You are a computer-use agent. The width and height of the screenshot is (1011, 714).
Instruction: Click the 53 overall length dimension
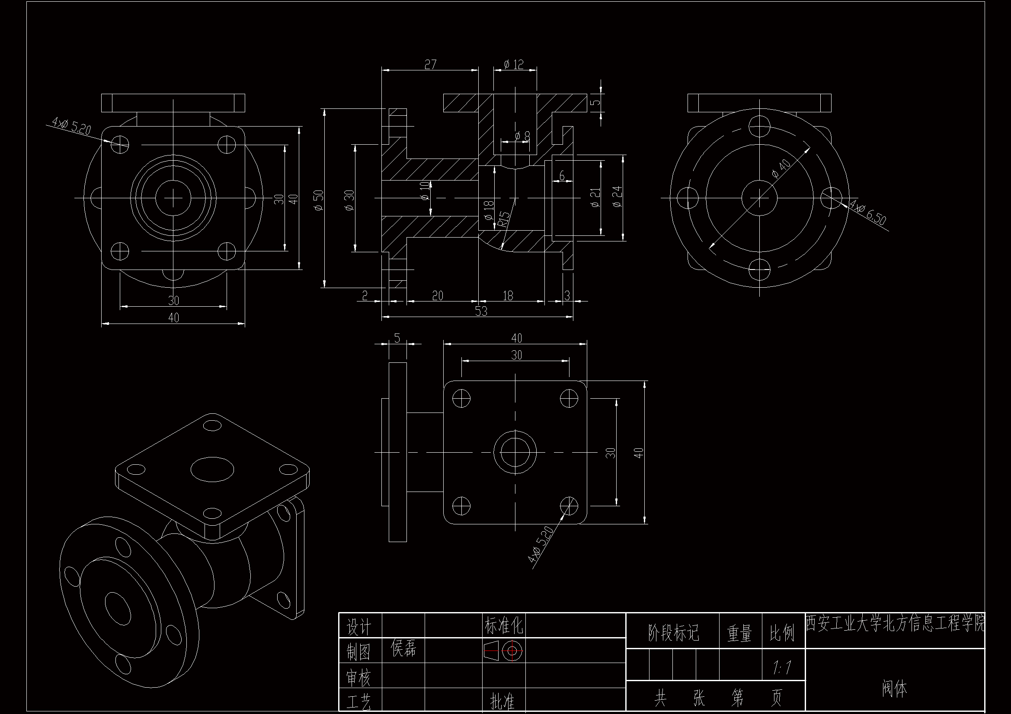(x=481, y=311)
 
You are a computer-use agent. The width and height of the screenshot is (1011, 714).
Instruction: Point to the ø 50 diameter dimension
(x=319, y=200)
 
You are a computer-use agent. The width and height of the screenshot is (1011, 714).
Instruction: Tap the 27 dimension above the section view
(x=430, y=65)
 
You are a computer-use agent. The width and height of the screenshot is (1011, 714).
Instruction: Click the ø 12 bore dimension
(x=513, y=65)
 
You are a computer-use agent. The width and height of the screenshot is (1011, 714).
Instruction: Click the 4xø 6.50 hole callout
(x=867, y=213)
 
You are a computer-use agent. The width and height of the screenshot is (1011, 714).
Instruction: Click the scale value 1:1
(x=782, y=668)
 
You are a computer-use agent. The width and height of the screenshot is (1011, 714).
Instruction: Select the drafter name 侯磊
(x=403, y=648)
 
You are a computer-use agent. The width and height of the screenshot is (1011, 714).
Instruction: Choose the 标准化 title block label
(x=504, y=625)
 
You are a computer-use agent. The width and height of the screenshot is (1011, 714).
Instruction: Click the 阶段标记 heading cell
(x=673, y=633)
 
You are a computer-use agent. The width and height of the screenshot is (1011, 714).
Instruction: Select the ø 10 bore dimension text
(x=425, y=191)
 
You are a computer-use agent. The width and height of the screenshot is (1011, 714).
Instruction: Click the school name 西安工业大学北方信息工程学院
(x=895, y=624)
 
